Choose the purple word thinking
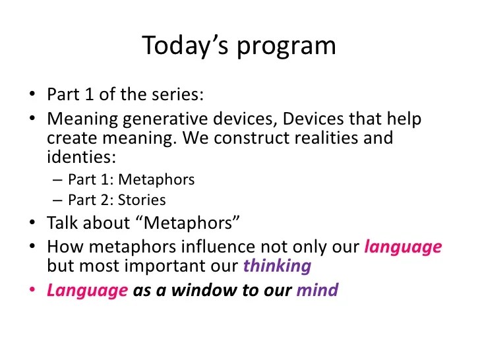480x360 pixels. (x=277, y=266)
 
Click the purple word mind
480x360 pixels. (x=317, y=290)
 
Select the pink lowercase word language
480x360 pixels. (x=403, y=248)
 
